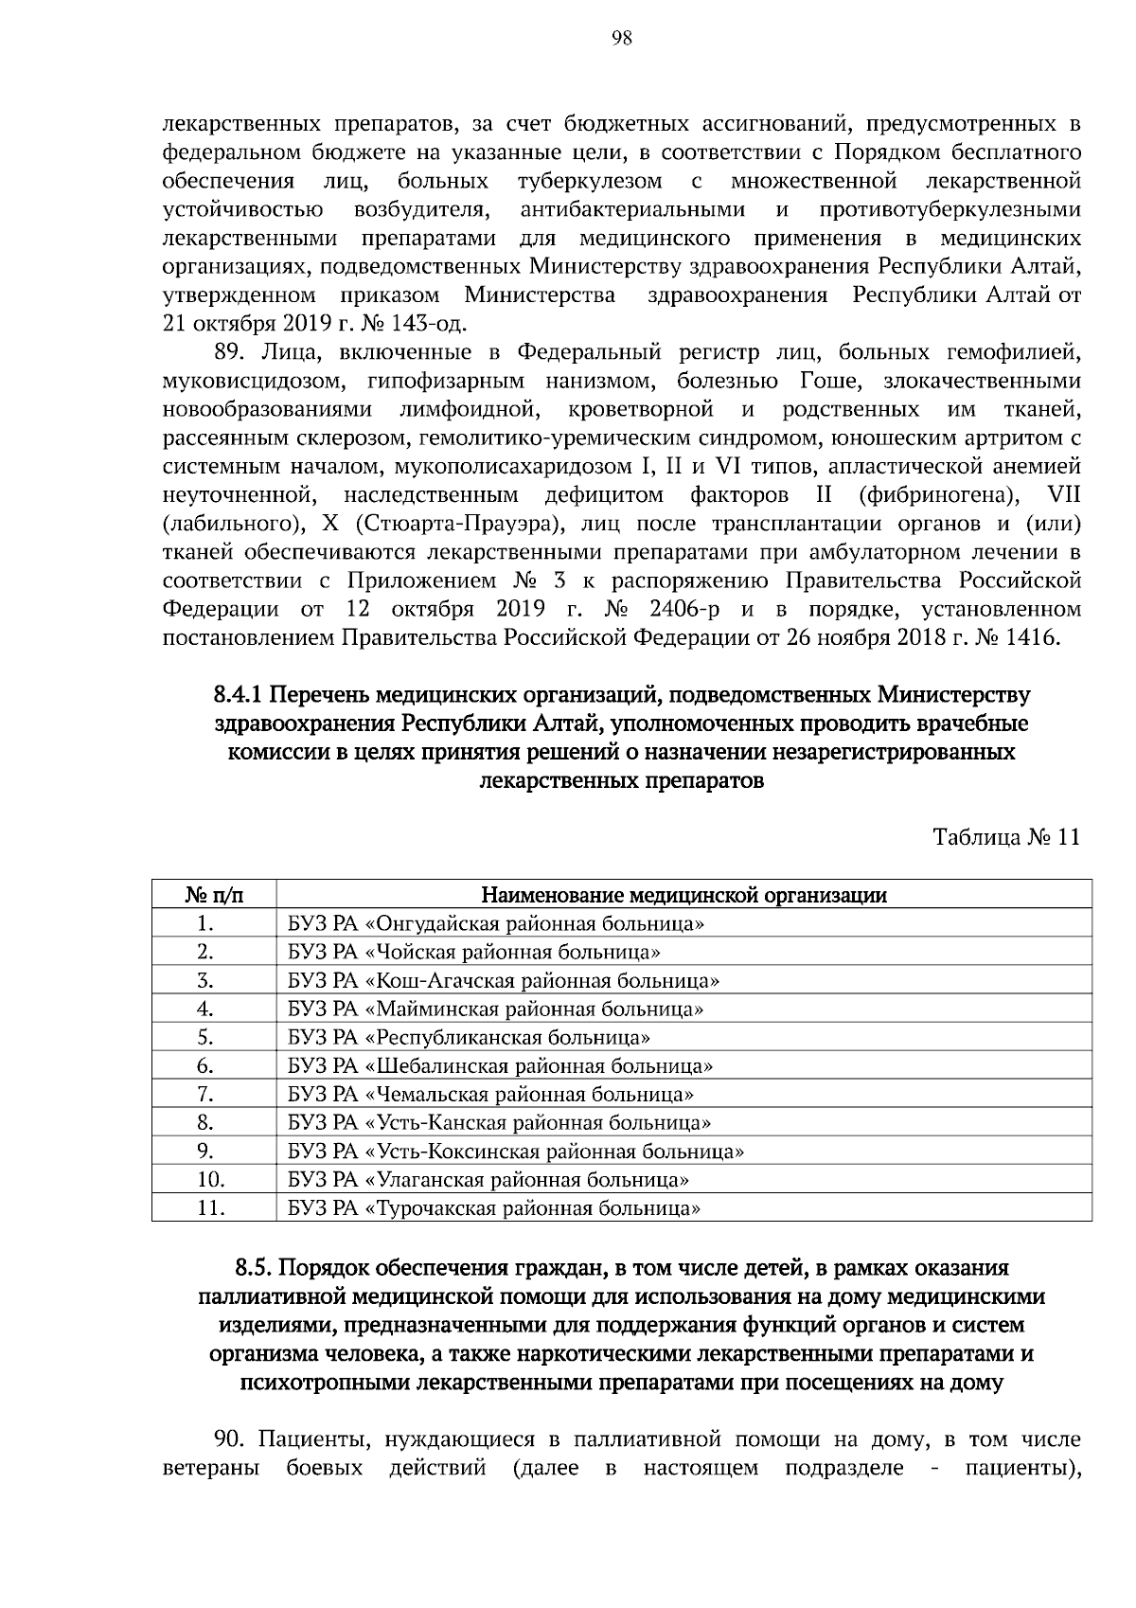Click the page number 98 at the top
click(x=622, y=38)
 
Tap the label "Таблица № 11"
click(x=1005, y=838)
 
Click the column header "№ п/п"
click(x=213, y=895)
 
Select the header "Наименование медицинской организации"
click(x=683, y=895)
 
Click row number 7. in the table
click(x=205, y=1095)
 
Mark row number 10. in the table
click(x=209, y=1180)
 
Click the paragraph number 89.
click(x=231, y=353)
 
